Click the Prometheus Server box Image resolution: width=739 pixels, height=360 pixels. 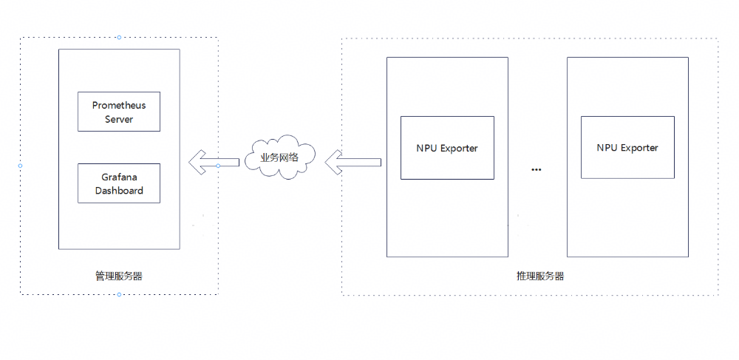118,112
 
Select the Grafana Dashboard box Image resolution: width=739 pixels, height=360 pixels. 118,183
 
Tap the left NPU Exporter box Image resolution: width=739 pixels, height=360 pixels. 447,148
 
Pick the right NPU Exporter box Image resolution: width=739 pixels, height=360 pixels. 627,148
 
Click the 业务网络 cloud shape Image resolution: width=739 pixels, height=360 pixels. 280,157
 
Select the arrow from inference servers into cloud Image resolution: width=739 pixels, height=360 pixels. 353,162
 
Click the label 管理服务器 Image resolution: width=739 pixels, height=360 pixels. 119,276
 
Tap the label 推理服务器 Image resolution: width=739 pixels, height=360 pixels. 540,276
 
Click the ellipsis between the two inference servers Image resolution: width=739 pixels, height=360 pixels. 537,170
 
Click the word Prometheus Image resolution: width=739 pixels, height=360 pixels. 119,106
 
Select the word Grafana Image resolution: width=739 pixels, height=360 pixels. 119,177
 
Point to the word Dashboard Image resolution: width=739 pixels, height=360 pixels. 119,191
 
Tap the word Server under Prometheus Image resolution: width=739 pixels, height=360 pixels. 119,119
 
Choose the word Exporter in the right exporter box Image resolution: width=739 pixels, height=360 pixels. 639,148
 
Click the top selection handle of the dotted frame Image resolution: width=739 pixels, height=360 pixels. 119,37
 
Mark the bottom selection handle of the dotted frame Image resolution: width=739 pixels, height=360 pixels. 119,294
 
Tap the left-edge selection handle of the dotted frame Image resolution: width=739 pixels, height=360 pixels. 20,166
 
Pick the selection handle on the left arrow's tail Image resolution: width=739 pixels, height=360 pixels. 218,166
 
